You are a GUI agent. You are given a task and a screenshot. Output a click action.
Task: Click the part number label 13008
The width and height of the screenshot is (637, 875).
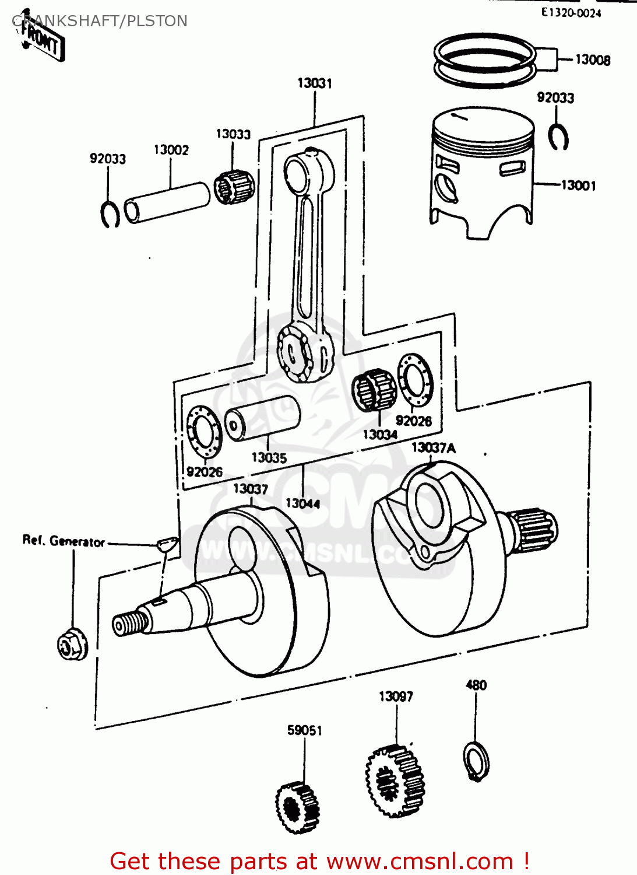click(592, 60)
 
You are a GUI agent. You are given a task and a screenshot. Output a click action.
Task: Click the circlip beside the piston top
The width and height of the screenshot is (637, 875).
click(558, 137)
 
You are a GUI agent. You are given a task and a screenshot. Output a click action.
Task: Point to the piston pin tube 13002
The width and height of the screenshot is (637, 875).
click(167, 202)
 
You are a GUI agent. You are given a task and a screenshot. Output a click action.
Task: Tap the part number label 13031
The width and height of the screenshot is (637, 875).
click(315, 83)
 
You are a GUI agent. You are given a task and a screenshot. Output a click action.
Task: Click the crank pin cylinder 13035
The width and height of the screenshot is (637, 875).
click(262, 418)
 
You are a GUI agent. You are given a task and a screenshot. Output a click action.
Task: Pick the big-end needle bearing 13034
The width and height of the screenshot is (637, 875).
click(374, 390)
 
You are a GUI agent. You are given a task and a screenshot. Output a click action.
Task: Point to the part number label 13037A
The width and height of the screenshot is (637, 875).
click(433, 447)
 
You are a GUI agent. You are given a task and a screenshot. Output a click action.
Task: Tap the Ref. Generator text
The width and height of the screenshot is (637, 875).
click(64, 541)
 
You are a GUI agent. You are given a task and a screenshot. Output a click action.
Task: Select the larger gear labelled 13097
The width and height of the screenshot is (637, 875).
click(395, 782)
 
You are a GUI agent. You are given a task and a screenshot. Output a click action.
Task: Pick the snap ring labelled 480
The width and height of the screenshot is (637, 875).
click(477, 761)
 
